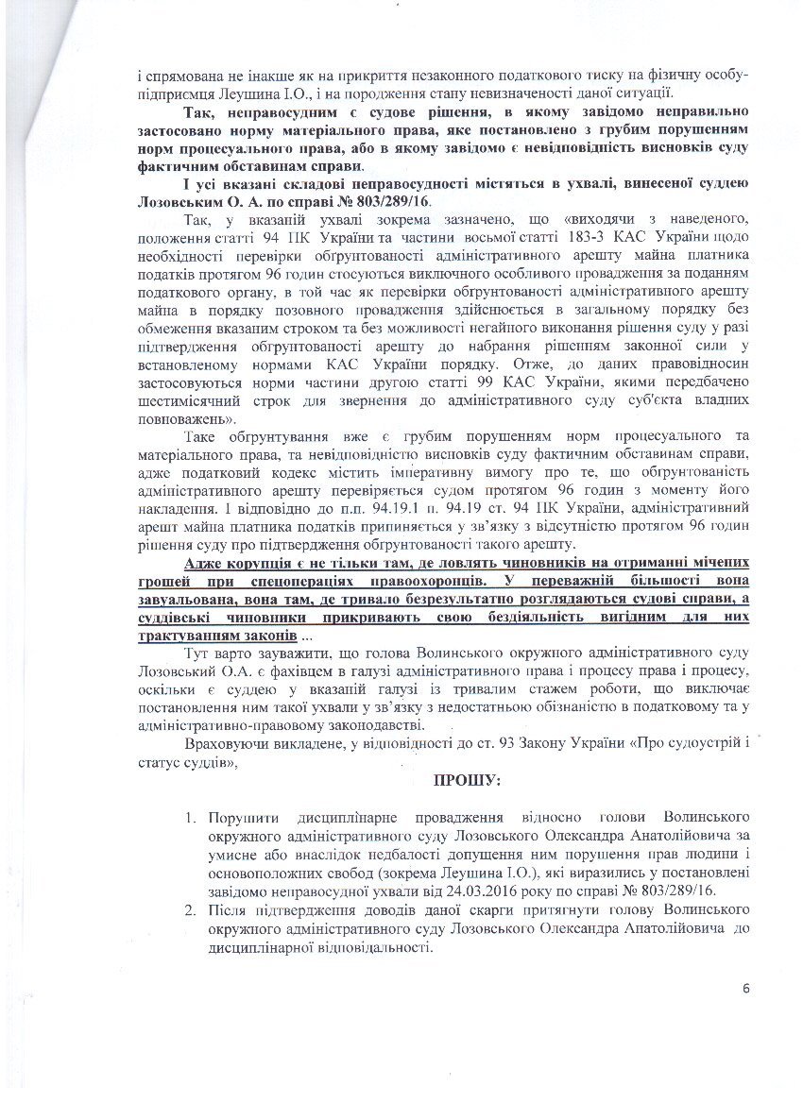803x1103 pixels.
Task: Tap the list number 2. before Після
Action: (x=190, y=908)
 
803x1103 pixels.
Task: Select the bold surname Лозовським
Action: (x=179, y=203)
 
